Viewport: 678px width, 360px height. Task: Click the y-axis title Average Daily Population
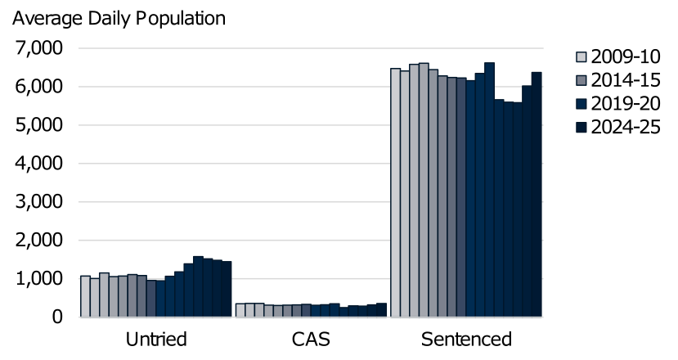[x=118, y=16]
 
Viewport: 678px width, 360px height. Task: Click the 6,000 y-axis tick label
[x=39, y=87]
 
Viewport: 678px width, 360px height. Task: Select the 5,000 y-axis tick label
[x=39, y=125]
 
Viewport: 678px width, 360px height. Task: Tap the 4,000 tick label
[x=39, y=164]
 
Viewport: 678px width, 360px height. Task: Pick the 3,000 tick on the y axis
[x=39, y=202]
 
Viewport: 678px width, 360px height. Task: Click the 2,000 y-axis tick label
[x=39, y=241]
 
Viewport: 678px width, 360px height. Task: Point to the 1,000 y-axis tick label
[x=39, y=279]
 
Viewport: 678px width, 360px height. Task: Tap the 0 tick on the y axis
[x=56, y=317]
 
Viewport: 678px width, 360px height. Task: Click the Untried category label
[x=156, y=339]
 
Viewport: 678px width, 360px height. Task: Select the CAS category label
[x=311, y=339]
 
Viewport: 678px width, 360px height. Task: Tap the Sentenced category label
[x=466, y=339]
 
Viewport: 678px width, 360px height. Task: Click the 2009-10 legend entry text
[x=626, y=57]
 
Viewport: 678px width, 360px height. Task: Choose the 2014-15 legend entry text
[x=626, y=80]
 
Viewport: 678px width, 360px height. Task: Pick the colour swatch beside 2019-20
[x=581, y=104]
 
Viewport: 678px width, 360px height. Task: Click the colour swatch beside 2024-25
[x=581, y=127]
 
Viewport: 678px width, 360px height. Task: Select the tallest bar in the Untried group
[x=198, y=286]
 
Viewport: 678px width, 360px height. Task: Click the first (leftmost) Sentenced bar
[x=395, y=192]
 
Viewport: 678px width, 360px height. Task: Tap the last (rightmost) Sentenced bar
[x=537, y=195]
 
